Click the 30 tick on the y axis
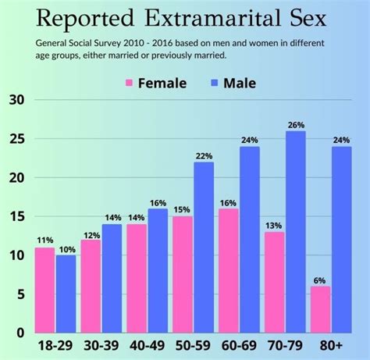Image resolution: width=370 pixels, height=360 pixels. (x=16, y=100)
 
